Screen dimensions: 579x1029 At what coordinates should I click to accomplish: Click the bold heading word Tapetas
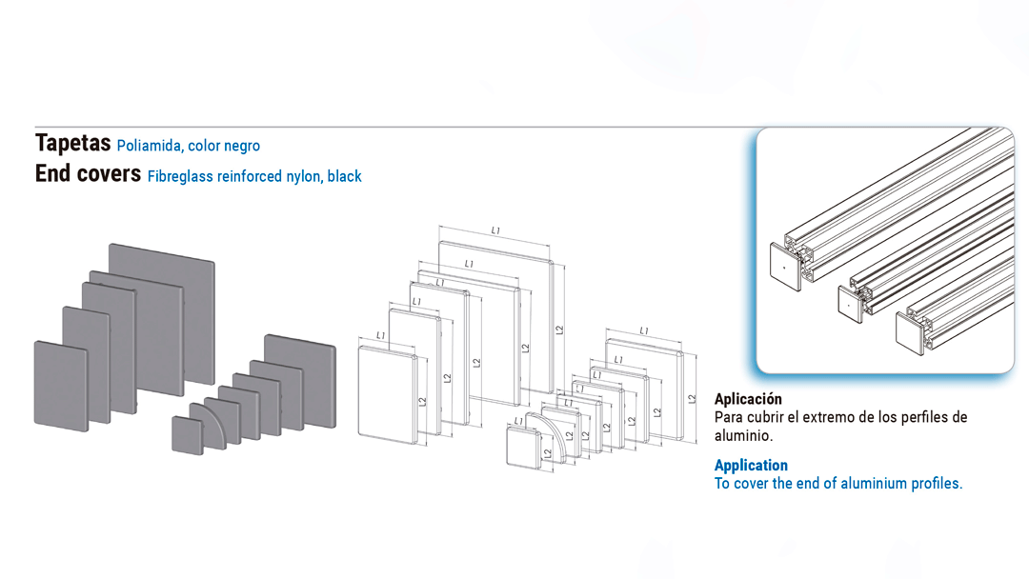tap(72, 144)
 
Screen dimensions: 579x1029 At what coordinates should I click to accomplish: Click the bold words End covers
tap(88, 174)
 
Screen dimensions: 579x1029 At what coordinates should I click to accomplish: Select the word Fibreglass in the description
tap(180, 176)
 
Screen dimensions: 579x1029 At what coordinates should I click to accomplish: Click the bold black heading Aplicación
tap(748, 399)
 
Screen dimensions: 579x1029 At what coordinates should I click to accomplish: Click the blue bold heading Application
tap(751, 465)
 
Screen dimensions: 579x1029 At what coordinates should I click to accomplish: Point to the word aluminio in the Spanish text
tap(742, 435)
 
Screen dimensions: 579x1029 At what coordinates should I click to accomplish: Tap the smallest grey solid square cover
tap(186, 434)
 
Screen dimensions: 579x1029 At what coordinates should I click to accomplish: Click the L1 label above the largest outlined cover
tap(495, 230)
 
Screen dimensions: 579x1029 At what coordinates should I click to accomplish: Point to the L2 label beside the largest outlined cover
tap(559, 330)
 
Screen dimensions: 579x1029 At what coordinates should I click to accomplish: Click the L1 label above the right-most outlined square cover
tap(644, 330)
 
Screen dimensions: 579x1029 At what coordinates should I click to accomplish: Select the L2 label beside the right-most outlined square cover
tap(689, 400)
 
